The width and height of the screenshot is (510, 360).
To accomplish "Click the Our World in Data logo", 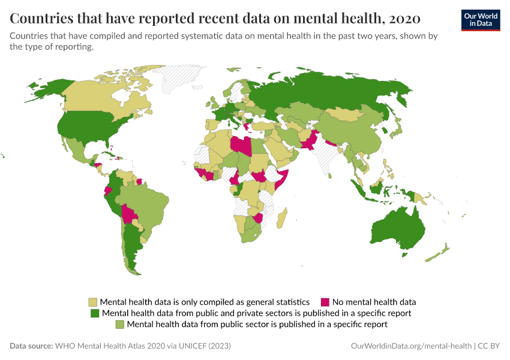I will tap(480, 19).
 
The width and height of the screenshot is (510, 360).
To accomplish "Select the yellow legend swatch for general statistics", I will tap(93, 302).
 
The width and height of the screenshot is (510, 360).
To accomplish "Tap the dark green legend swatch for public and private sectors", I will tap(94, 313).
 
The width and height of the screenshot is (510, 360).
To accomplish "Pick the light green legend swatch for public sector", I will tap(119, 324).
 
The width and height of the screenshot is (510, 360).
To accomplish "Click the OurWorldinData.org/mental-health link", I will tap(411, 346).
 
